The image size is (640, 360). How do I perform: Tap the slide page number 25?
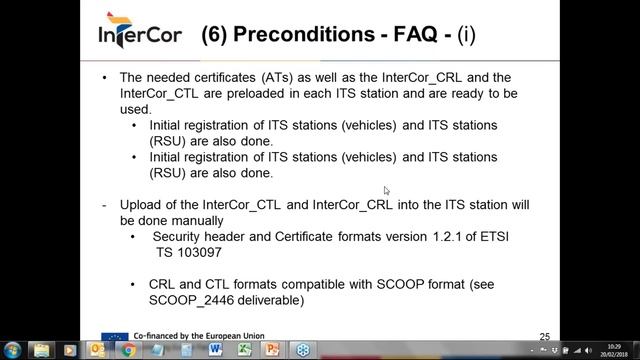click(544, 337)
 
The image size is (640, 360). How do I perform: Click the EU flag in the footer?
click(113, 338)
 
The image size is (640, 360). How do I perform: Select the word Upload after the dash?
click(141, 204)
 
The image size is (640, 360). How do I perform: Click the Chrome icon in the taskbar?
click(128, 350)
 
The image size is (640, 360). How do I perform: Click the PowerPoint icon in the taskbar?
click(272, 350)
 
